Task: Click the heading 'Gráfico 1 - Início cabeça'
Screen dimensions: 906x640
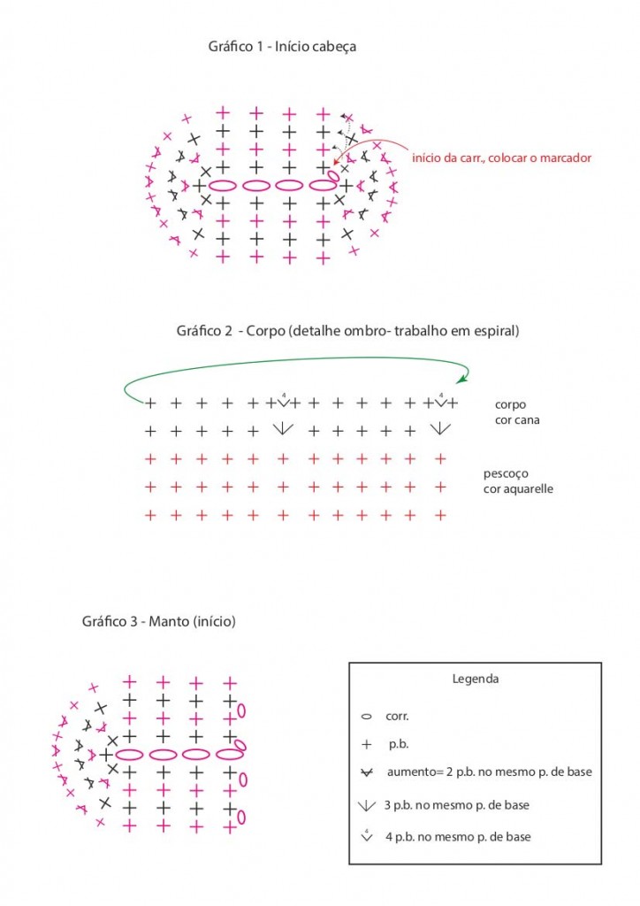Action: point(282,46)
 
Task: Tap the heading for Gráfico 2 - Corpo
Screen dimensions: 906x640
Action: point(347,332)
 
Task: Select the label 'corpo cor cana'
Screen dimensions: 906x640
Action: point(517,411)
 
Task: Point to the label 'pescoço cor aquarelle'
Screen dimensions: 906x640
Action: point(518,480)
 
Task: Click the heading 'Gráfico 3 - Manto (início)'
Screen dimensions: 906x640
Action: point(159,621)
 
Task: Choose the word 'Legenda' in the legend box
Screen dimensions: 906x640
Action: point(475,679)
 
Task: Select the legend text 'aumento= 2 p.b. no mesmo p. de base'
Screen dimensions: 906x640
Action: point(489,772)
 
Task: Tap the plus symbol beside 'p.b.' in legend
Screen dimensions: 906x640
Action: point(366,744)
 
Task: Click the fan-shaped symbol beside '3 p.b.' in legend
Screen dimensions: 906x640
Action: point(366,804)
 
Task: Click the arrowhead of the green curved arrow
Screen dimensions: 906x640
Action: point(461,380)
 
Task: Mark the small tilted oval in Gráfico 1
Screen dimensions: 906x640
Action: point(333,176)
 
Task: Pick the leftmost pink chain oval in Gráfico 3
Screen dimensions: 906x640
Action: point(130,755)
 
